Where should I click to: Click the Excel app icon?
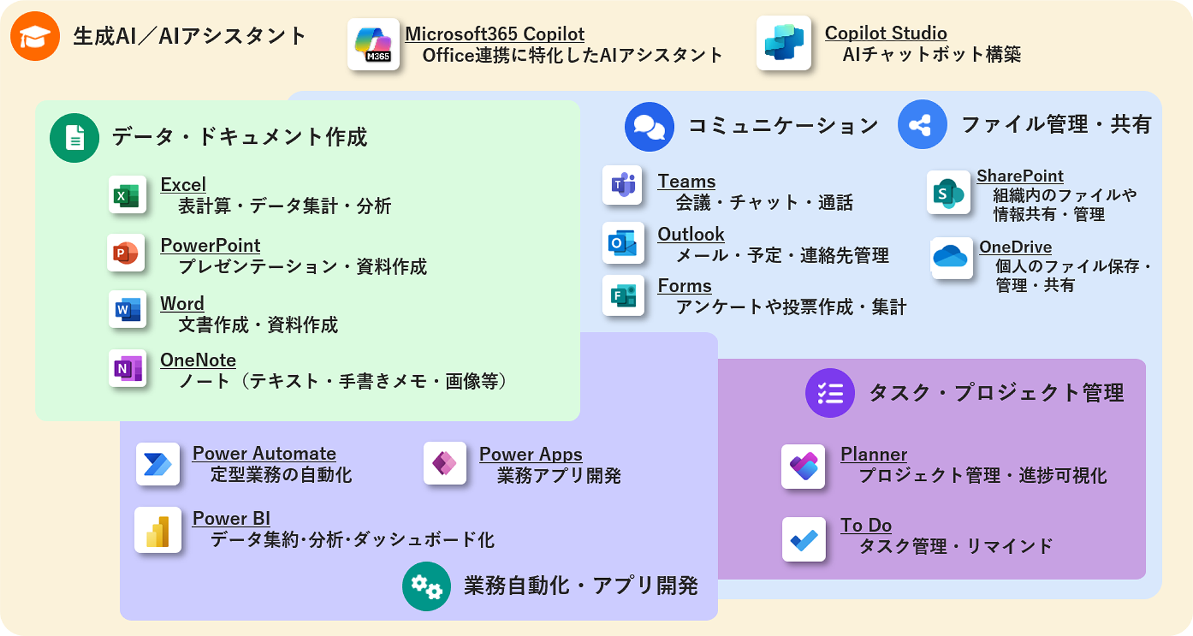click(127, 195)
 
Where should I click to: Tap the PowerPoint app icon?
click(126, 253)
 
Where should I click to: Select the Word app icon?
click(127, 310)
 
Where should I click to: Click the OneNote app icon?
click(127, 368)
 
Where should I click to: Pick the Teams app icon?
click(622, 185)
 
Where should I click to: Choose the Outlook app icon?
click(623, 243)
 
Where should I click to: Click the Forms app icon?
click(623, 295)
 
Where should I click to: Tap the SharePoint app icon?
click(948, 193)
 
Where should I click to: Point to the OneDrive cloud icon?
click(951, 257)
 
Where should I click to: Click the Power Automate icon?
click(157, 464)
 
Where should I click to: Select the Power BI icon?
click(157, 530)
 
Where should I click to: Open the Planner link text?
click(873, 455)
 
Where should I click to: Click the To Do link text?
click(866, 525)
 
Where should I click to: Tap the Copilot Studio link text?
click(886, 33)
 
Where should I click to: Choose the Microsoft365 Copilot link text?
click(494, 34)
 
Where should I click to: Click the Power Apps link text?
click(530, 455)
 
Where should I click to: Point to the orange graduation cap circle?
click(35, 36)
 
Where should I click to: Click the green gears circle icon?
click(426, 586)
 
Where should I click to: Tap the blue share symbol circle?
click(922, 124)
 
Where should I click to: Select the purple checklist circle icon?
click(830, 393)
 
